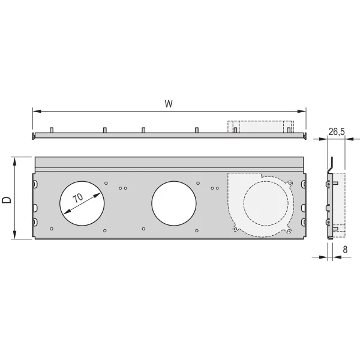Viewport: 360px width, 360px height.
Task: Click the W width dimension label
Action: point(169,103)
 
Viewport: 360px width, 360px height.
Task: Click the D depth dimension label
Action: point(7,199)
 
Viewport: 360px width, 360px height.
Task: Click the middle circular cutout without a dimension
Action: point(174,201)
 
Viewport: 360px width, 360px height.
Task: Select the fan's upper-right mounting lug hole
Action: point(290,182)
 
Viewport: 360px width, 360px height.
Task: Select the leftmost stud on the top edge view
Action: point(52,130)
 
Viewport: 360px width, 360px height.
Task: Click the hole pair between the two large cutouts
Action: point(123,188)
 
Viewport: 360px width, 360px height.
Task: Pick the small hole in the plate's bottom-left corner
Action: point(52,229)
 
